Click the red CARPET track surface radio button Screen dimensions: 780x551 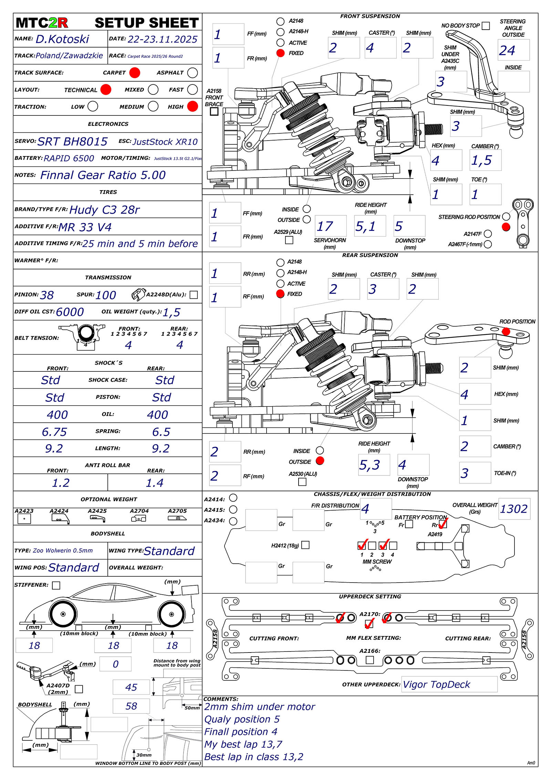[x=134, y=73]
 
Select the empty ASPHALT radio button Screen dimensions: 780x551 [x=193, y=73]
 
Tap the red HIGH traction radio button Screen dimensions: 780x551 [x=193, y=106]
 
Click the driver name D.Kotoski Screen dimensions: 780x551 [x=62, y=39]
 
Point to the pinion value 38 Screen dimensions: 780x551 [x=47, y=295]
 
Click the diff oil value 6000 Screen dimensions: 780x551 [x=70, y=312]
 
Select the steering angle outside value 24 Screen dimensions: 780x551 [x=507, y=51]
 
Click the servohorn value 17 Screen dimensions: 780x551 [x=325, y=226]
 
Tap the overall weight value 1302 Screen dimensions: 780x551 [x=513, y=509]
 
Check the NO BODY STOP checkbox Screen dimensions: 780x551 [x=486, y=26]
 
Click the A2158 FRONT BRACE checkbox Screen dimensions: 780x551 [x=214, y=111]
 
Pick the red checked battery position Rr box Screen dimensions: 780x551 [x=443, y=524]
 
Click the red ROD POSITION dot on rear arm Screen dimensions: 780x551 [x=506, y=331]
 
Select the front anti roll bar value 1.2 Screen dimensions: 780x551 [x=61, y=483]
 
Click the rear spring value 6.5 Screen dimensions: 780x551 [x=161, y=432]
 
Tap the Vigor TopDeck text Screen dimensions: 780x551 [x=436, y=684]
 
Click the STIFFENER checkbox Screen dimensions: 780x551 [x=56, y=585]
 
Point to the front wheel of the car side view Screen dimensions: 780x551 [x=63, y=614]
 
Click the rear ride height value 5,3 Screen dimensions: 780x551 [x=369, y=465]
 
